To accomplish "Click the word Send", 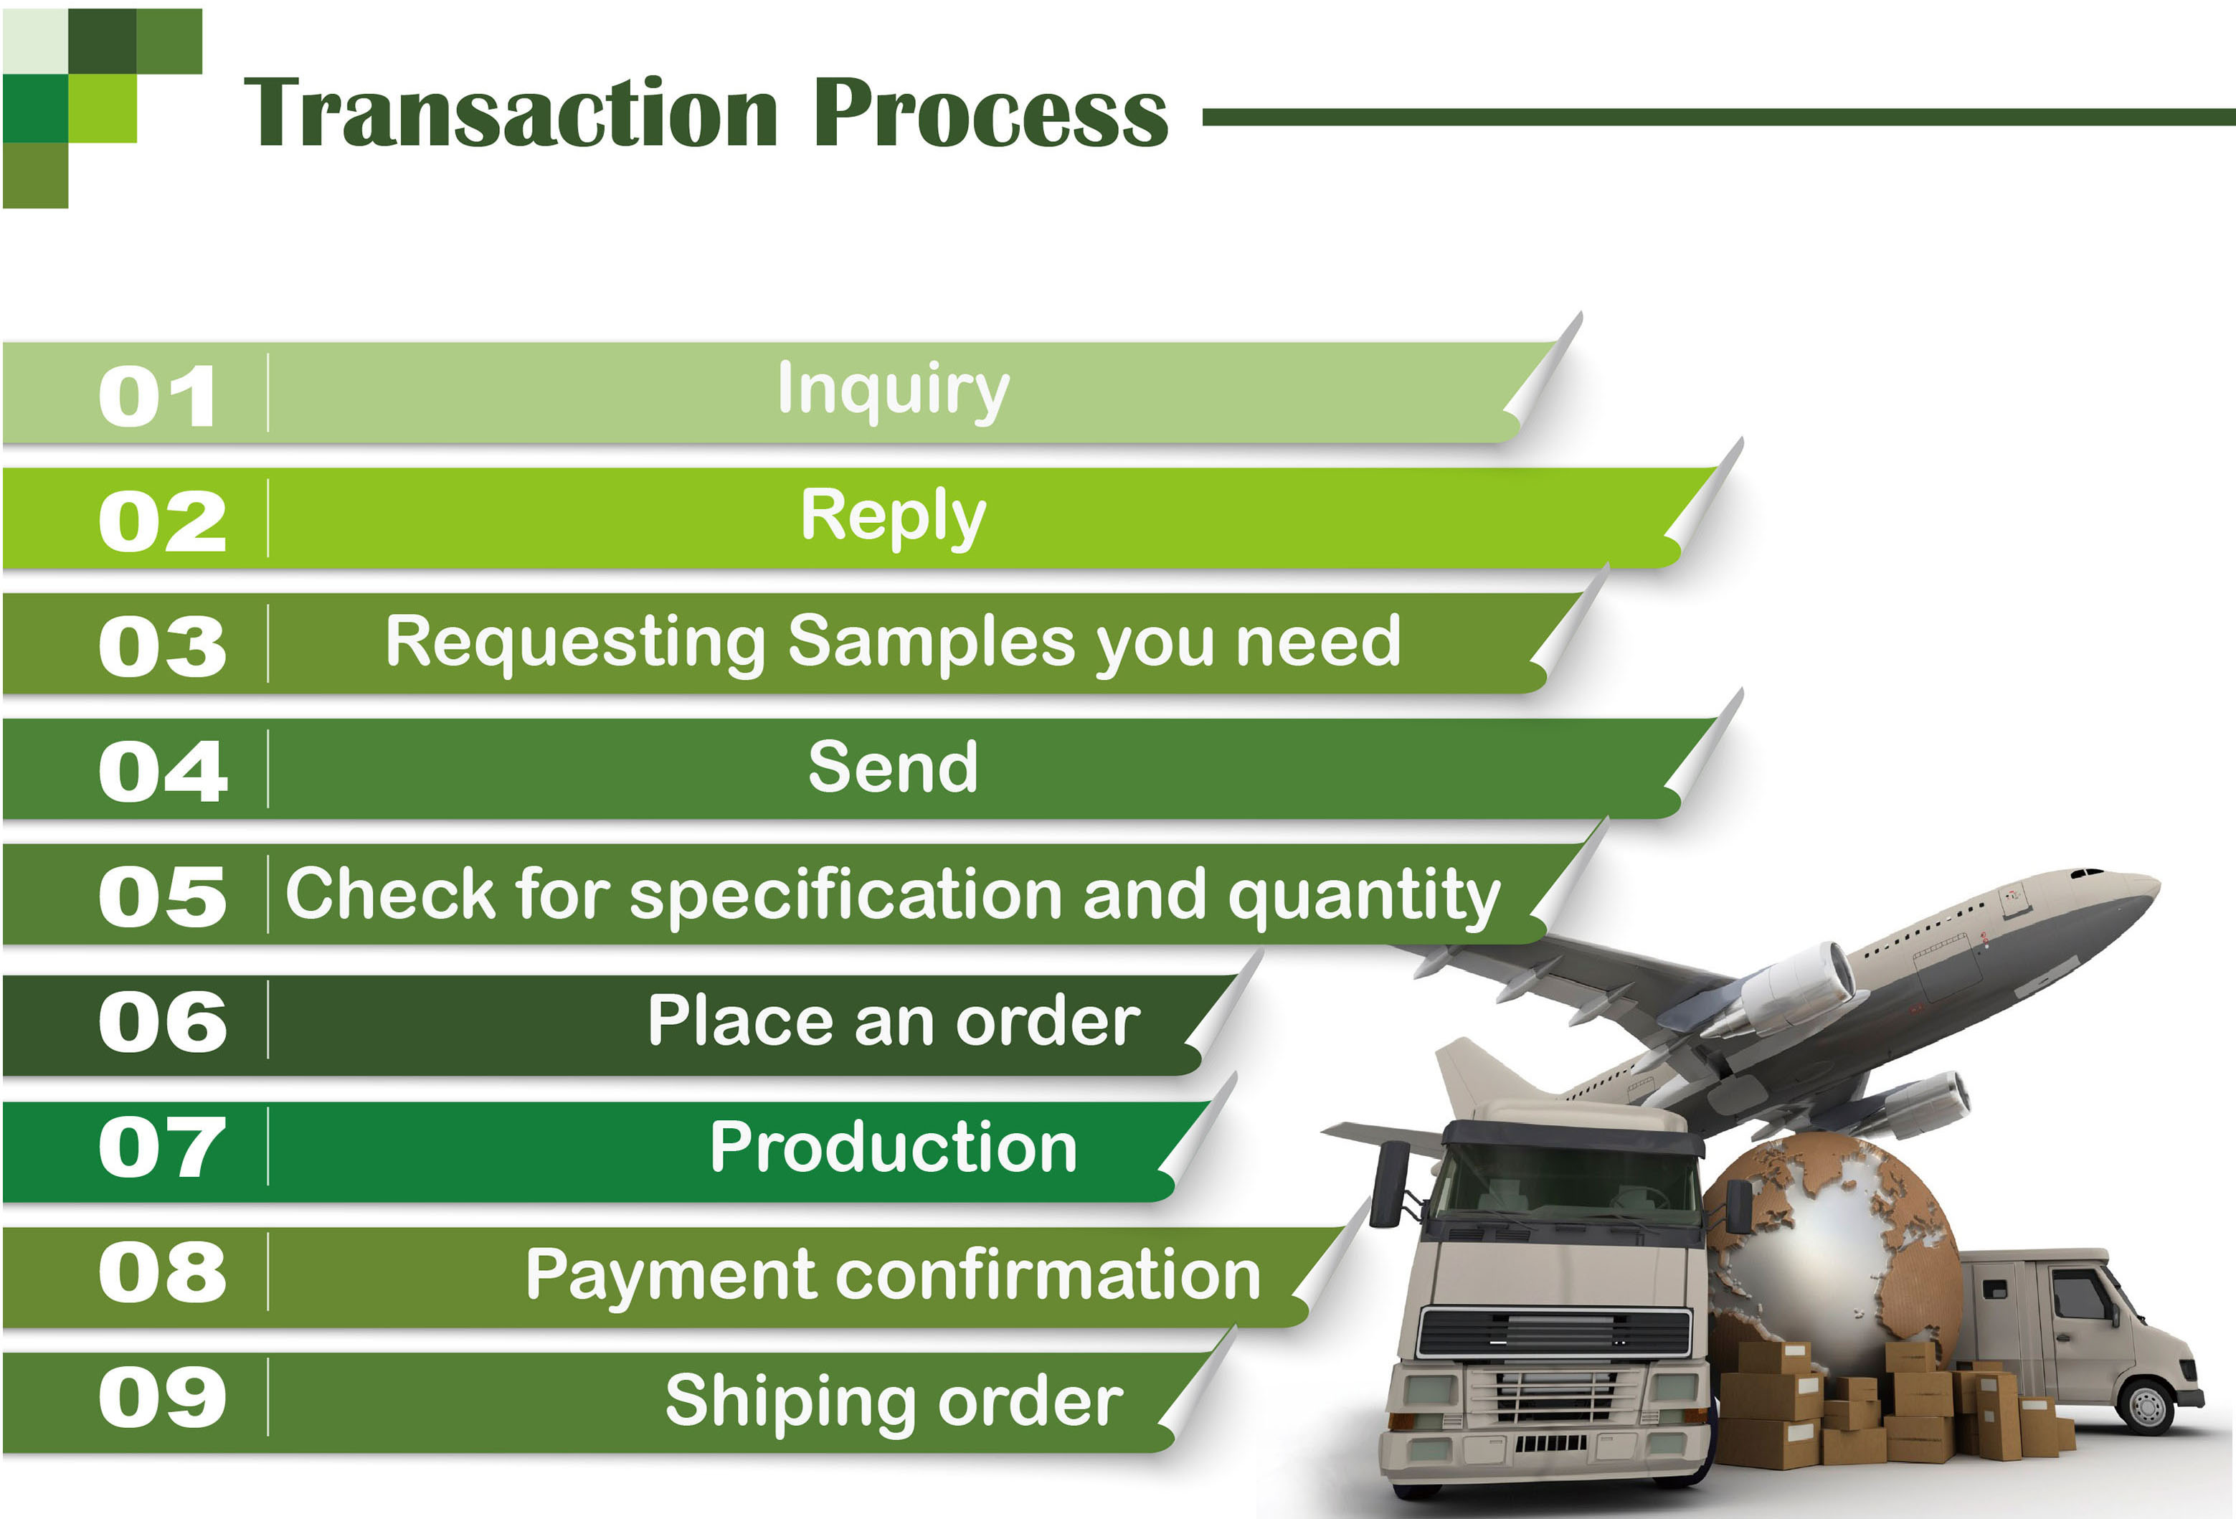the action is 894,767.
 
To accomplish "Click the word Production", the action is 894,1147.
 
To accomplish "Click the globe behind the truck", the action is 1833,1241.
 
